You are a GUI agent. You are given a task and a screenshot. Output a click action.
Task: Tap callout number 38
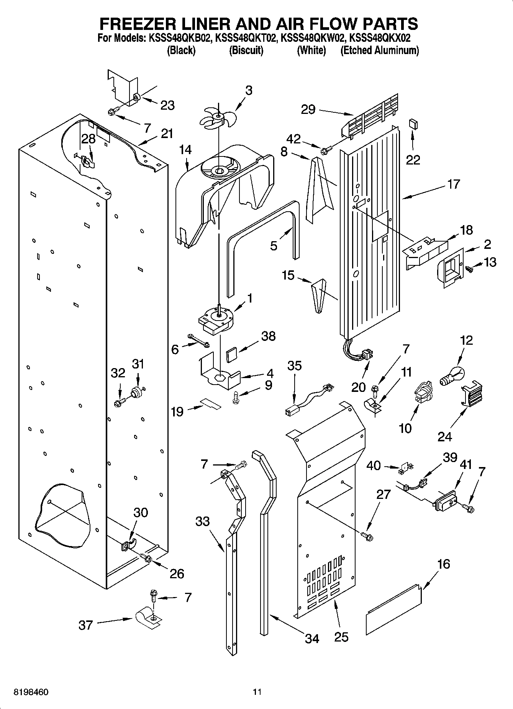268,336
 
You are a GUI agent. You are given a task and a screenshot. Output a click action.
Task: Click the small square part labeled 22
413,124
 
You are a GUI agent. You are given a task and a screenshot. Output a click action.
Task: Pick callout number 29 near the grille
308,110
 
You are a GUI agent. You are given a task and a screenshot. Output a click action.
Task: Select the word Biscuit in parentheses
246,50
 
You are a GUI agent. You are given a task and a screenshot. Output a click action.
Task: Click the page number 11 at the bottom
257,693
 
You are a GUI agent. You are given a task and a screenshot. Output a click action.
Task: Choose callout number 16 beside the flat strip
443,564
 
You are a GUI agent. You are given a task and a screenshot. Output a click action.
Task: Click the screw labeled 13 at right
469,270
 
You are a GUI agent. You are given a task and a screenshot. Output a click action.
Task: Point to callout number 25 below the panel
341,637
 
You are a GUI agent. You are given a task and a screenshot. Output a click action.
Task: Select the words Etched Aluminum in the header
380,50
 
